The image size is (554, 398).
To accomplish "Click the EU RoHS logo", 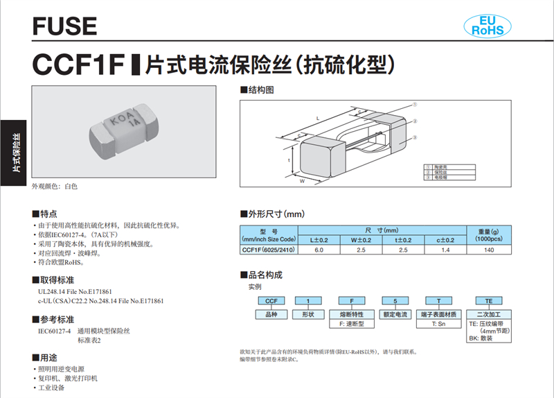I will pos(486,24).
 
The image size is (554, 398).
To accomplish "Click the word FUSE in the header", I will pos(64,26).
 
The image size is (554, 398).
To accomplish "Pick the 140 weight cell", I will pos(489,250).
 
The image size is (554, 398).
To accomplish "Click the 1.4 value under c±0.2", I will pos(445,250).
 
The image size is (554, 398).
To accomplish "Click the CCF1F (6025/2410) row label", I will pos(269,250).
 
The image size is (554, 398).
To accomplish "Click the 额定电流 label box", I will pos(396,314).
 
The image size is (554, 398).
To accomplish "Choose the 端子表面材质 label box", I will pos(438,314).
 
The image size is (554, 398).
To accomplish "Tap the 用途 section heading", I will pos(48,358).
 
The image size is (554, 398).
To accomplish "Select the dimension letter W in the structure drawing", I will pos(303,181).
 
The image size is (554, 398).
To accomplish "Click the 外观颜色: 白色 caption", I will pos(55,187).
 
